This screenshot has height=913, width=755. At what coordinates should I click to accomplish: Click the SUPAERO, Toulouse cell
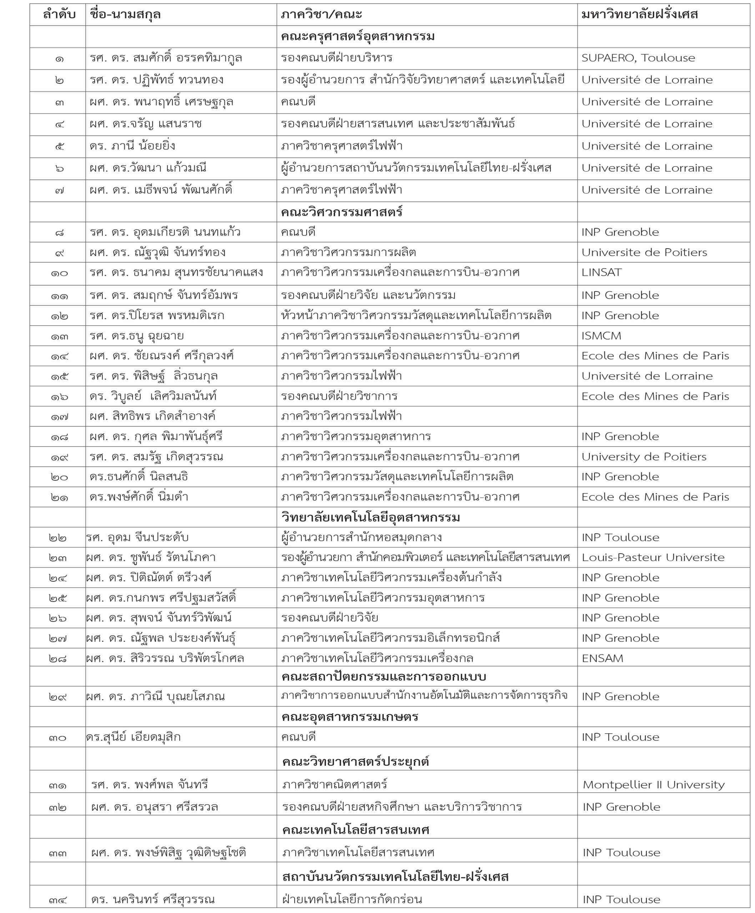pos(638,58)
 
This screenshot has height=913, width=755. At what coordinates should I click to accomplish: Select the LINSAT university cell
pos(602,273)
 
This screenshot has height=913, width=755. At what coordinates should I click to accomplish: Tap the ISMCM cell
pos(602,336)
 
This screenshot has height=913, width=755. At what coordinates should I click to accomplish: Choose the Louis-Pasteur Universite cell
pos(653,557)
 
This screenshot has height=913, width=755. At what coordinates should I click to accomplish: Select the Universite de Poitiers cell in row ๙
pos(644,253)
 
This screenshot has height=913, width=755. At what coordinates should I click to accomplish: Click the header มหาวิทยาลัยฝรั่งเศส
pos(639,15)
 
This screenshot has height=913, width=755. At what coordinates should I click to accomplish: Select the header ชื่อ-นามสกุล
pos(125,15)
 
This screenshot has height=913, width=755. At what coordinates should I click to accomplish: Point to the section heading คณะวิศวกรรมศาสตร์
pos(341,213)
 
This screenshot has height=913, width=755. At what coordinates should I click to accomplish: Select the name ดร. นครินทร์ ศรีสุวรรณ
pos(153,899)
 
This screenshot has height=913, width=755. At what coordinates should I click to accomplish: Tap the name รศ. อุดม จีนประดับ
pos(137,537)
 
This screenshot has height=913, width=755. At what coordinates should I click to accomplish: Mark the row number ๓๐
pos(57,738)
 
